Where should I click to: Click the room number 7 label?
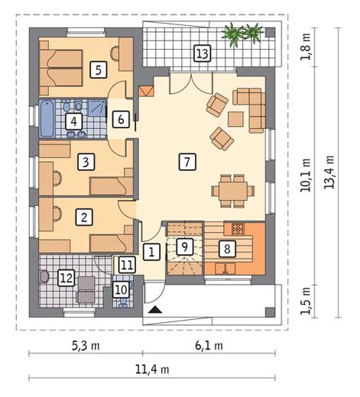[x=187, y=161]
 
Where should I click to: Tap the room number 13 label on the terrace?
[x=203, y=53]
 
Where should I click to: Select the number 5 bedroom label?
[x=99, y=69]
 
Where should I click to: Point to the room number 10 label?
[x=121, y=289]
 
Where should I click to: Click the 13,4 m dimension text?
[x=329, y=172]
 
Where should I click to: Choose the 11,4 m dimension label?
[x=152, y=370]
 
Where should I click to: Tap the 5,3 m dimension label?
[x=86, y=346]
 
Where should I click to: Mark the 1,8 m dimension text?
[x=306, y=47]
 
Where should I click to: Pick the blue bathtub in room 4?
[x=47, y=118]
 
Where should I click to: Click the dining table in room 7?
[x=233, y=191]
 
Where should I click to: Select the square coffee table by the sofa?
[x=235, y=119]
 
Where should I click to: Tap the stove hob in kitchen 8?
[x=238, y=229]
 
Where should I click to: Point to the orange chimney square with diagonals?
[x=146, y=91]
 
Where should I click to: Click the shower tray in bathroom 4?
[x=97, y=108]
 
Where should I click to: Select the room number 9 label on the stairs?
[x=185, y=247]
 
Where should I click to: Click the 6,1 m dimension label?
[x=209, y=346]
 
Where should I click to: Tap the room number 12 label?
[x=66, y=278]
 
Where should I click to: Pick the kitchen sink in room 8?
[x=225, y=269]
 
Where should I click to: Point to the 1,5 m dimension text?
[x=306, y=301]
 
